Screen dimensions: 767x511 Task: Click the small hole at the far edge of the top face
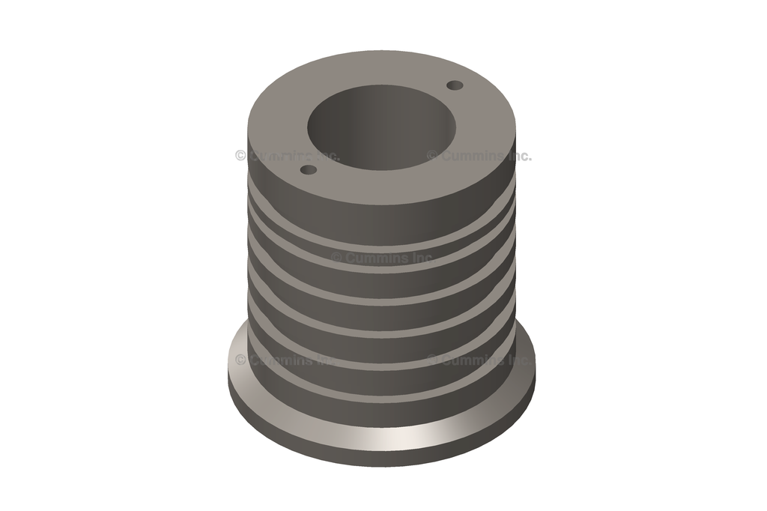455,85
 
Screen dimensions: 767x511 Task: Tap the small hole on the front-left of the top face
309,170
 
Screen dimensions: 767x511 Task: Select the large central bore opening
381,127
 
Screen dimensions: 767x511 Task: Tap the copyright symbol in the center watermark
336,258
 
